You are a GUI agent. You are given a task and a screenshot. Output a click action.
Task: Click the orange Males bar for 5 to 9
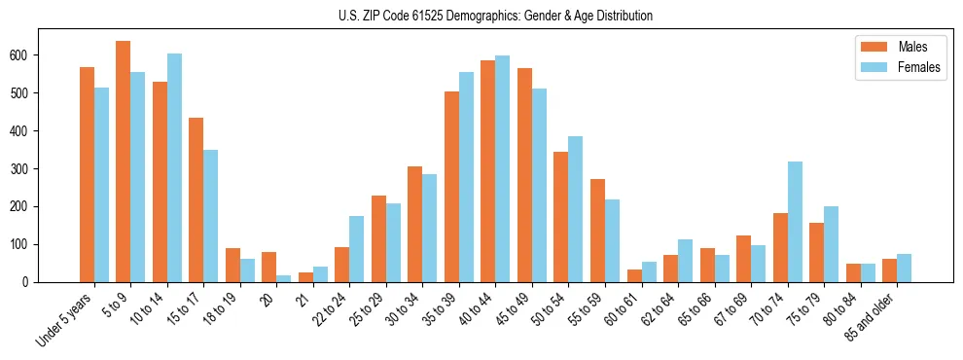[124, 162]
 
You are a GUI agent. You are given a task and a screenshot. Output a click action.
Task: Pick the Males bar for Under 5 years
[87, 174]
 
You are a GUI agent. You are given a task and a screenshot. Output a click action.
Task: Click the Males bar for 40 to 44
[488, 171]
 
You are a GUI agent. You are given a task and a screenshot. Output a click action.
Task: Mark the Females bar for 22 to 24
[357, 249]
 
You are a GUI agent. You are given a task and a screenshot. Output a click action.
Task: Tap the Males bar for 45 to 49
[524, 175]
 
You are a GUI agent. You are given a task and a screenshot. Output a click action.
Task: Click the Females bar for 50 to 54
[576, 209]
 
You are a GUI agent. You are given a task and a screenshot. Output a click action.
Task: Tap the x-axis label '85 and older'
[872, 315]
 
